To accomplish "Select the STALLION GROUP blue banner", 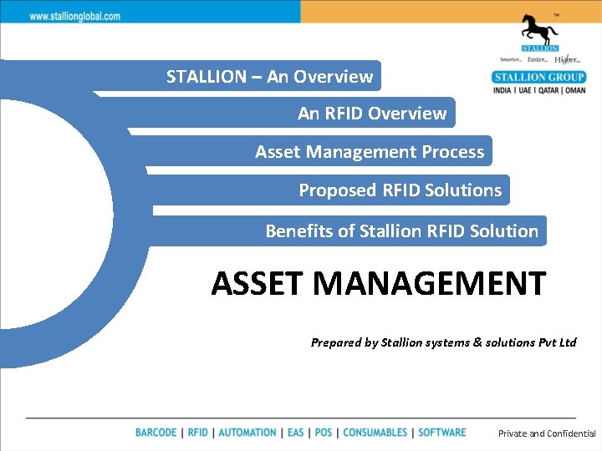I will (x=539, y=78).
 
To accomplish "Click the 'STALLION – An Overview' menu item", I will (x=269, y=77).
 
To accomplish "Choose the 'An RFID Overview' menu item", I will (x=372, y=114).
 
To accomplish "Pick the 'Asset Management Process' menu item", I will (x=370, y=152).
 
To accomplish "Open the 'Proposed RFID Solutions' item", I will (x=400, y=190).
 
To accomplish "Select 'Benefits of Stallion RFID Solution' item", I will (x=401, y=231).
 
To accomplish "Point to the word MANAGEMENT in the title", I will (x=430, y=284).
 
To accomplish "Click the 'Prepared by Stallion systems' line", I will (x=443, y=342).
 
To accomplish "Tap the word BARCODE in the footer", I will (x=156, y=433).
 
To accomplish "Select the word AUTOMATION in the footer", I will (x=247, y=433).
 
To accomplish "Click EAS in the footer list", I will (x=295, y=433).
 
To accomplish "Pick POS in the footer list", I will (x=324, y=433).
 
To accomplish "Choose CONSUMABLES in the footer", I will (x=375, y=433).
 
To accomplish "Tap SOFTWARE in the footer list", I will (x=441, y=433).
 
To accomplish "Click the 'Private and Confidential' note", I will (x=547, y=433).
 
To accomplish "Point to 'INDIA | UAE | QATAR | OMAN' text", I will (x=539, y=90).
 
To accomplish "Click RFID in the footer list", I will (x=198, y=433).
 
